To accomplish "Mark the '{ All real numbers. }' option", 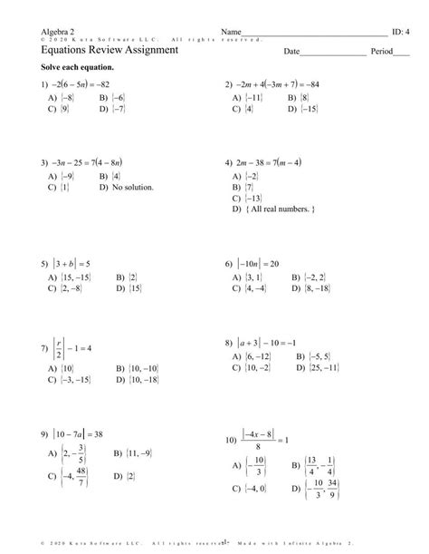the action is pos(281,209).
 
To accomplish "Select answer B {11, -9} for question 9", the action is pos(129,452).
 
